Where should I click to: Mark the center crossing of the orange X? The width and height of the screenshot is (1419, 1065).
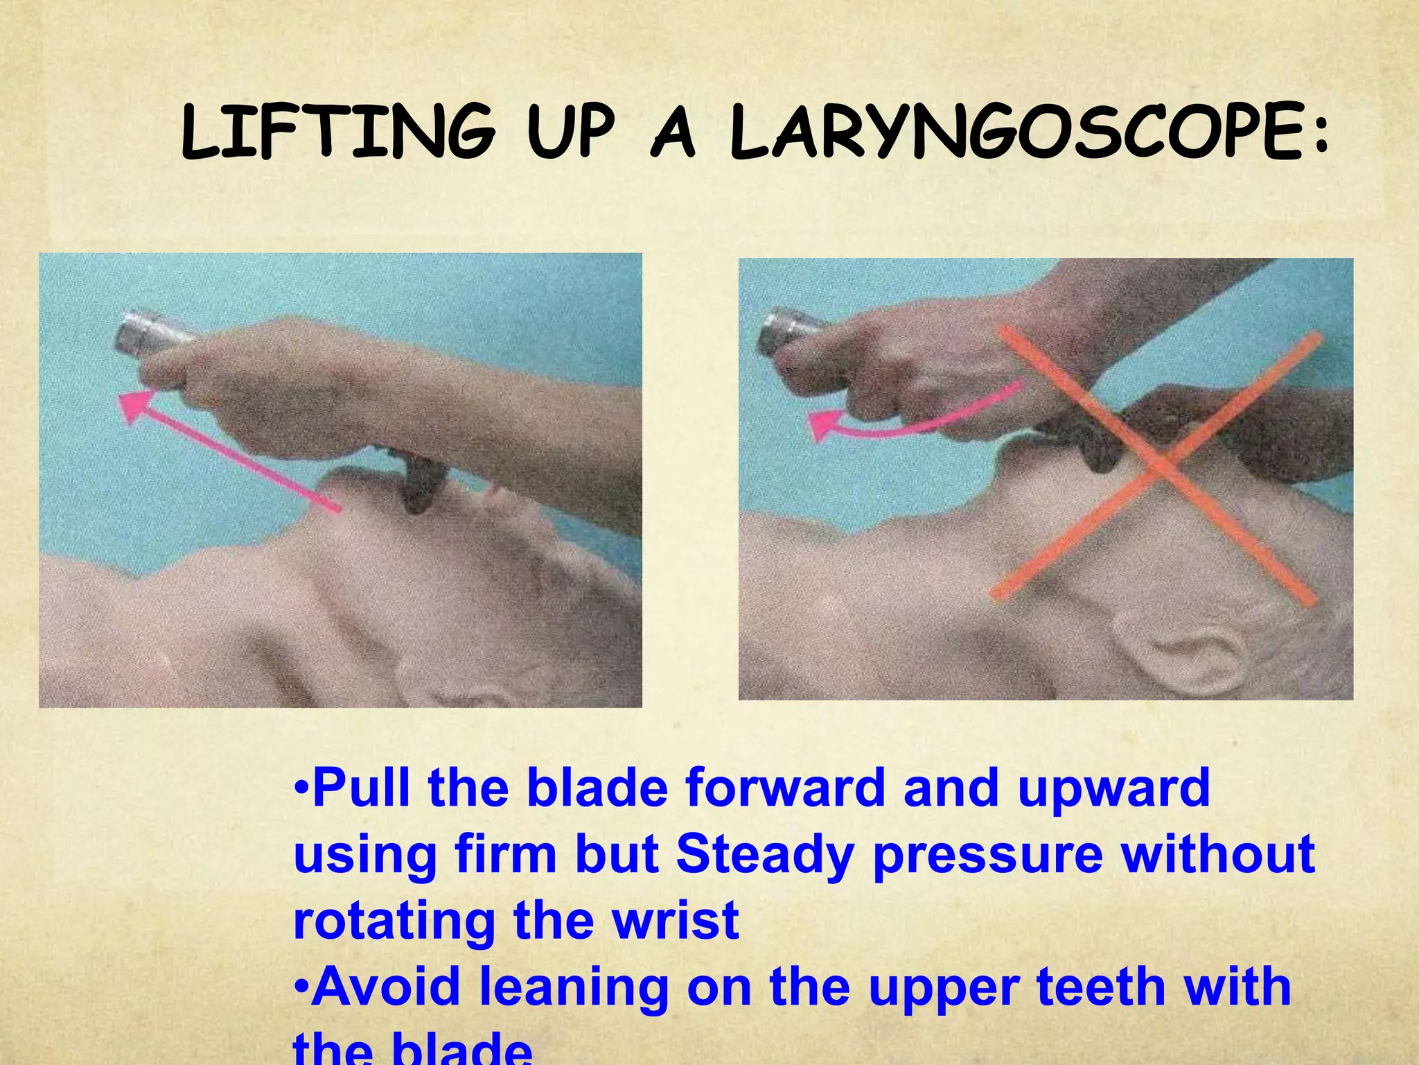coord(1158,464)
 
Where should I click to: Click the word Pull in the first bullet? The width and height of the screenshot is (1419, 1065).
coord(364,788)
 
